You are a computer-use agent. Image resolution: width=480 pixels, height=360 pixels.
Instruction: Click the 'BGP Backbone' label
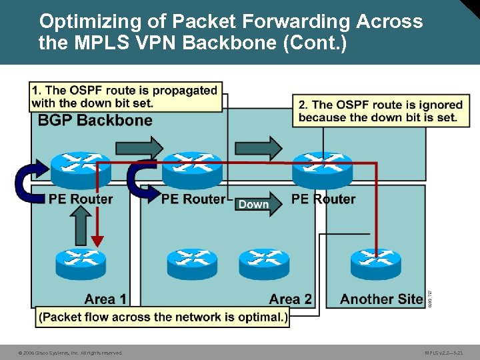click(95, 121)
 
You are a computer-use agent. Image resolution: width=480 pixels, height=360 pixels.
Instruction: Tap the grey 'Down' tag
click(253, 204)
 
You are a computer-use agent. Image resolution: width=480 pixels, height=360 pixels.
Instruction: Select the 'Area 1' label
click(105, 299)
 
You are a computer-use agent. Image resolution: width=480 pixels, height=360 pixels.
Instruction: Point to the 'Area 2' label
click(291, 299)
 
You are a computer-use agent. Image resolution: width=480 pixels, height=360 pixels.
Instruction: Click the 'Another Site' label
click(381, 299)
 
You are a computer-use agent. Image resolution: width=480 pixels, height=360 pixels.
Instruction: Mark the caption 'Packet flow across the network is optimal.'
click(163, 317)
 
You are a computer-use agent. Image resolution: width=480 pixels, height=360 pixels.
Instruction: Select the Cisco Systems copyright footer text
click(70, 353)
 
